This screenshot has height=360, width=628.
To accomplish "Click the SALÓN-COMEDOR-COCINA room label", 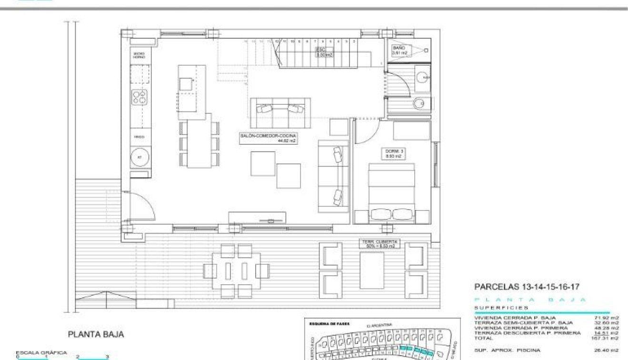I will pos(269,139).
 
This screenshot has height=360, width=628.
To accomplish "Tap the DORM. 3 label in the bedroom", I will pos(395,153).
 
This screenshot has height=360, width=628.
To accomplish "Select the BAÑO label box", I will pos(399,51).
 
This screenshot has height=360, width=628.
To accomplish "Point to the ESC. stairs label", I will pos(324,52).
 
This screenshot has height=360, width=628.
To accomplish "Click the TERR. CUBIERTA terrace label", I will pos(379,244).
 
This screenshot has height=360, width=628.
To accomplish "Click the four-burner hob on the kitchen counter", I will pos(140,97).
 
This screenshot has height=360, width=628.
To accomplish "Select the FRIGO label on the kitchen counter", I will pos(140,137).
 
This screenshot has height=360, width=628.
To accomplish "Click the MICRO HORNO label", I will pos(140,55).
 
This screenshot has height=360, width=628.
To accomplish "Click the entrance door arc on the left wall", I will pos(143,205).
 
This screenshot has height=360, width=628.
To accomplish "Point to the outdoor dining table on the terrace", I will pos(237,271).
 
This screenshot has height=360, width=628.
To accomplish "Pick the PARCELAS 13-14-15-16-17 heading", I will pos(527,287).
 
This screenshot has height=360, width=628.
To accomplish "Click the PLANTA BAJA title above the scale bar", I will pos(96,335).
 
